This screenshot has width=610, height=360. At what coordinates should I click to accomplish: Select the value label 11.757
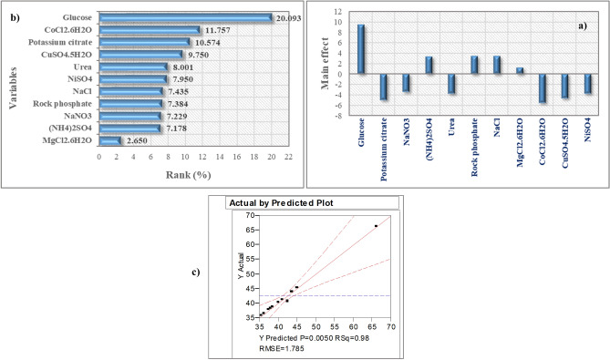(213, 30)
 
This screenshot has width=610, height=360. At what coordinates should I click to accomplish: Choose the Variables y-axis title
(14, 80)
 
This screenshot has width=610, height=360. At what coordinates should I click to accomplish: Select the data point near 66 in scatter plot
(376, 226)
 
